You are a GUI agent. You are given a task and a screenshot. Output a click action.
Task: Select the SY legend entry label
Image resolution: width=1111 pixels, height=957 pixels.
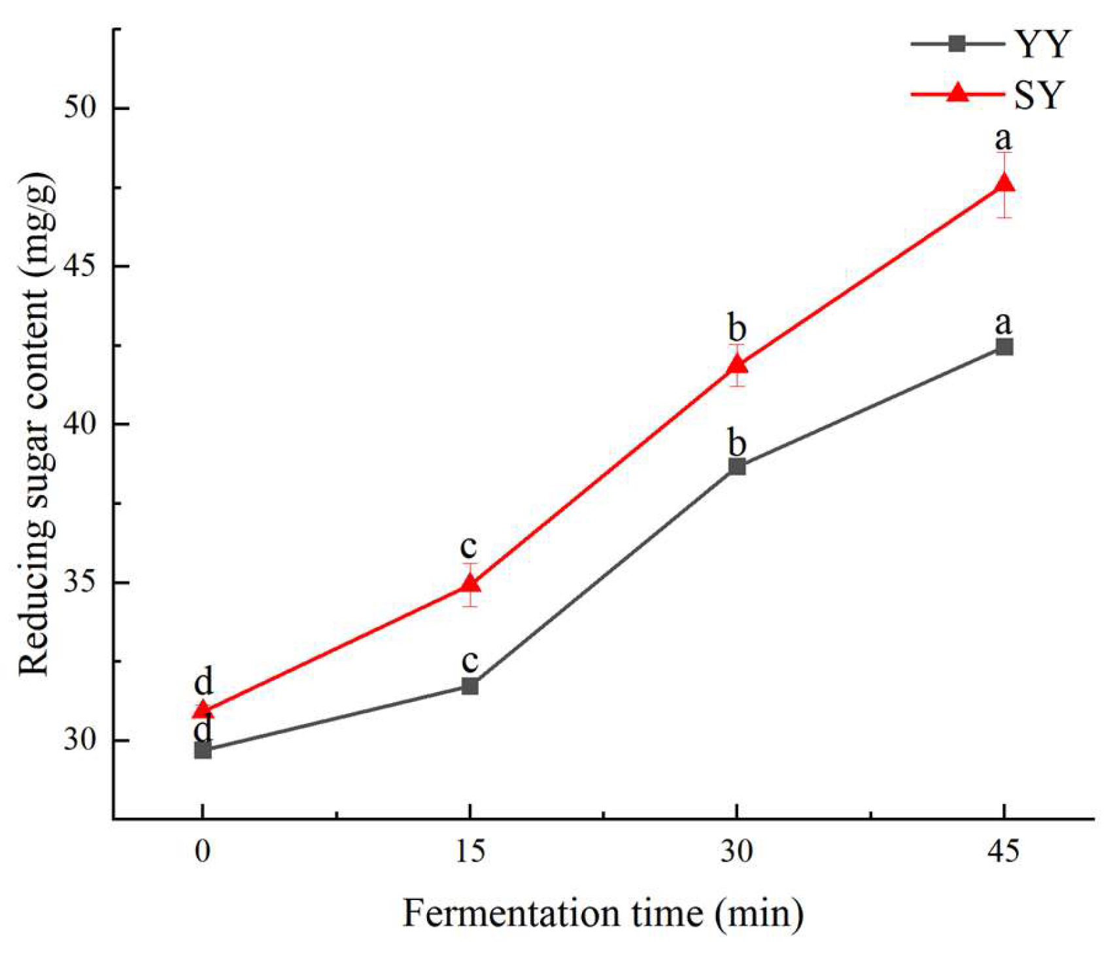click(1040, 95)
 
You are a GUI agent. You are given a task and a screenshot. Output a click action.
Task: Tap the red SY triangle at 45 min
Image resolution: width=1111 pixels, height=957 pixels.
click(1004, 183)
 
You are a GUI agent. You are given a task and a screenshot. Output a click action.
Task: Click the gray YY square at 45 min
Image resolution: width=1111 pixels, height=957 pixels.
click(1004, 346)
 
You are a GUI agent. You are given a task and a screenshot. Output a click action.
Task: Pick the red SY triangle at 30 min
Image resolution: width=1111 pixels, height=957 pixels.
click(737, 364)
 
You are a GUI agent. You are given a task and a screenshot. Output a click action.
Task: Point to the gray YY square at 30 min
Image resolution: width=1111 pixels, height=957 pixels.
click(737, 466)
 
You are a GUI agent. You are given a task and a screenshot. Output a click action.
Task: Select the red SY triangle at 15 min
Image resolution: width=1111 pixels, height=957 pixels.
click(470, 583)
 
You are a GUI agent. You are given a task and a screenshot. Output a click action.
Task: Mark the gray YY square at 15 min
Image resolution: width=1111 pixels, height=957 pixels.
click(470, 686)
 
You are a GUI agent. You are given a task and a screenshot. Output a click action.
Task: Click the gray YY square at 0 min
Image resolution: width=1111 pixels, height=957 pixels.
click(203, 750)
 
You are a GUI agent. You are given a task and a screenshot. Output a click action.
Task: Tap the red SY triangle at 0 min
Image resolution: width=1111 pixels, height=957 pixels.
click(203, 710)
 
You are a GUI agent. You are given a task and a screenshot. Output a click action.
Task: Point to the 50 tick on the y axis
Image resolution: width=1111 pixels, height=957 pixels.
click(79, 108)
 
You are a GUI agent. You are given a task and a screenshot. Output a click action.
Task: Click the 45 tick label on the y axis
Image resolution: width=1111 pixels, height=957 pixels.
click(79, 266)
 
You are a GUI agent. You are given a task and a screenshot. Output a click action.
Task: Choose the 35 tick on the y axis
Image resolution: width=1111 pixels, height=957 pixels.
click(79, 582)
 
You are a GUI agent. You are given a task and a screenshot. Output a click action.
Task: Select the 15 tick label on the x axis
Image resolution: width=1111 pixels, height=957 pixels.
click(470, 852)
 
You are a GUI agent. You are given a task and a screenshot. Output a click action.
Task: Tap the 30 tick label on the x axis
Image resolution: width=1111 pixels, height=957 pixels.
click(737, 852)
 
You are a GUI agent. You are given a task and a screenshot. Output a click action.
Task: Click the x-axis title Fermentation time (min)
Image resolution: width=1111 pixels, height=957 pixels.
click(602, 913)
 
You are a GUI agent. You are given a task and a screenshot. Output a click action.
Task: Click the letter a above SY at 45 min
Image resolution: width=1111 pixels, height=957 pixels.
click(1003, 138)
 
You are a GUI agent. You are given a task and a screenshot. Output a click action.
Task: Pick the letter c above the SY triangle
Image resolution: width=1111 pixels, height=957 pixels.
click(469, 546)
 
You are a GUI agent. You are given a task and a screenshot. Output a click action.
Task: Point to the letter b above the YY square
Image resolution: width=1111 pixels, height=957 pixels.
click(737, 443)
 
